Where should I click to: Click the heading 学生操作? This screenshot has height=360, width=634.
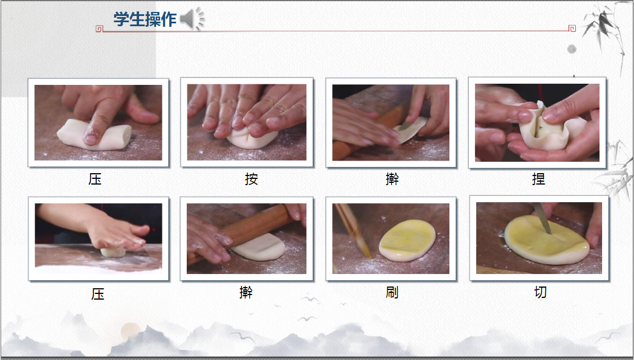point(145,19)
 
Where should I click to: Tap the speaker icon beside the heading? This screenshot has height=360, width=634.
point(192,19)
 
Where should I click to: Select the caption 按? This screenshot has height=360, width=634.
point(251,179)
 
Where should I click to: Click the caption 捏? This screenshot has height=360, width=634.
point(538,179)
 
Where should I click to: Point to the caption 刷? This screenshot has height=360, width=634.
point(392,292)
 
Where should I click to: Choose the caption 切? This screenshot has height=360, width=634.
point(540,292)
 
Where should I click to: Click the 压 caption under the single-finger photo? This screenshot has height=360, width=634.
point(95,179)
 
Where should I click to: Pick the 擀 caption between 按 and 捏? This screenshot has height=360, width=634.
point(392,179)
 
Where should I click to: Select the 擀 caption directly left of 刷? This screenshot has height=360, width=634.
point(246,292)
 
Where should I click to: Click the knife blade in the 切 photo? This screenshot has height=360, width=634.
point(542,218)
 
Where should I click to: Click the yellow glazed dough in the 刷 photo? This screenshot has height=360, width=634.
point(408,240)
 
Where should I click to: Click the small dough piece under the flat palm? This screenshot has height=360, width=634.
point(113,252)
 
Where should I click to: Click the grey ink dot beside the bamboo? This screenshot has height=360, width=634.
point(572,50)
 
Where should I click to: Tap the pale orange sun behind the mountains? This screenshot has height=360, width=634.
point(130,331)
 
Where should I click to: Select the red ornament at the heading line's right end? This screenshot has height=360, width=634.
point(572,28)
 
